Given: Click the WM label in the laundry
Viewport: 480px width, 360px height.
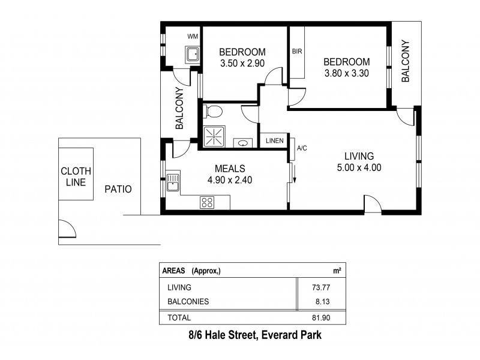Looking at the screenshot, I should click(x=192, y=37).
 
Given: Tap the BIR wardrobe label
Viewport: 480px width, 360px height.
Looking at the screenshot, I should click(x=296, y=52).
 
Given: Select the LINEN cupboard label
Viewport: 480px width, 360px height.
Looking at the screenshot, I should click(x=275, y=140).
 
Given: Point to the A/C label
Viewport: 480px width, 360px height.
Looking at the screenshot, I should click(x=301, y=148).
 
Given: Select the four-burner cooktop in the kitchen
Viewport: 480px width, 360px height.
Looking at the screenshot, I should click(x=208, y=202).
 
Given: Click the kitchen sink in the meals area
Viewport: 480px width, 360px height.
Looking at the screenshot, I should click(x=173, y=182).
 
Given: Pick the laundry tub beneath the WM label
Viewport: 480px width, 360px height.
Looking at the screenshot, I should click(x=192, y=55).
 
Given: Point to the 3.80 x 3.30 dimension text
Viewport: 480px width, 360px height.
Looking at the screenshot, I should click(x=347, y=74).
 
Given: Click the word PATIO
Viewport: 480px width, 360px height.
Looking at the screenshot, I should click(x=118, y=189).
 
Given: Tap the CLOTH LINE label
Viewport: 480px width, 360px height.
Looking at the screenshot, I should click(x=76, y=176).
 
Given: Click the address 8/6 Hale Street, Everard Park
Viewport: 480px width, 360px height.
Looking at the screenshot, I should click(x=251, y=336).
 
